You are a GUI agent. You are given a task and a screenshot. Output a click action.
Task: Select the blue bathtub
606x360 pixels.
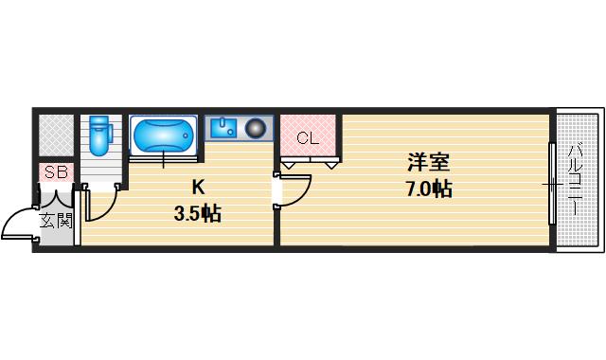point(163,135)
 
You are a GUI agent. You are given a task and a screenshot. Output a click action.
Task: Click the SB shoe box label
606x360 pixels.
point(56,172)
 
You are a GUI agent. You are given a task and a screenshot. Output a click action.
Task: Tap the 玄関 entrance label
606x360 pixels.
point(55,221)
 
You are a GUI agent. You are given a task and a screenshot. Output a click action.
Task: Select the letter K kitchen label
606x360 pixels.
point(198,187)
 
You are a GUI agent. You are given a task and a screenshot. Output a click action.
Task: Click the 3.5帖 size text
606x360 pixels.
point(197,214)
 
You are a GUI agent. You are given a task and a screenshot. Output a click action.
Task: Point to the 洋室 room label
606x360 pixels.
point(428,163)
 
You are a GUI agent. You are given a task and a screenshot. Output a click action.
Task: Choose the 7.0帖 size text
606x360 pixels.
point(428,189)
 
